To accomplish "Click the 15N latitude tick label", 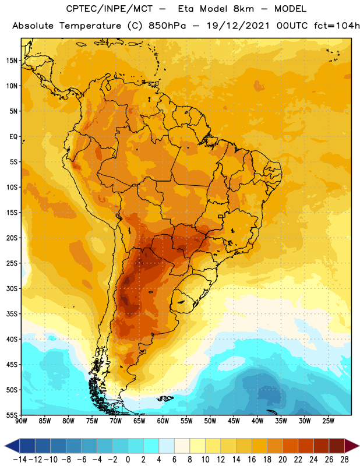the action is coord(12,61).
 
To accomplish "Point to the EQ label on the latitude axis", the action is coord(13,137).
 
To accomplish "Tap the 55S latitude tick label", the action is coord(12,415).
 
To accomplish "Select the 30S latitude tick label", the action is coord(12,288).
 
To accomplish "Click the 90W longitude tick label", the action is coord(21,421).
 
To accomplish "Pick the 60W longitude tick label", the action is coord(163,421).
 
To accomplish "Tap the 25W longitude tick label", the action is coord(328,421).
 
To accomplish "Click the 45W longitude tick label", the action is coord(234,421).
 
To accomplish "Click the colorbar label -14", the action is coord(20,460).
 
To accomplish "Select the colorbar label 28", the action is coord(344,460).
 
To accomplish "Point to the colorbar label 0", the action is coord(128,460).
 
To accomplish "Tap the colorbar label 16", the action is coord(252,460).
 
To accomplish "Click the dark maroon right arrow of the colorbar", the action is coord(352,446).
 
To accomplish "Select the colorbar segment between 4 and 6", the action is coord(167,446).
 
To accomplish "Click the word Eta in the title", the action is coord(186,9).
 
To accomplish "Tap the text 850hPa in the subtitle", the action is coord(167,26).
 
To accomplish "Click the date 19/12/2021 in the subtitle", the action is coord(238,26).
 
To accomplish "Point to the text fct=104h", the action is coord(337,26).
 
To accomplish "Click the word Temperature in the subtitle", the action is coord(90,26).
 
